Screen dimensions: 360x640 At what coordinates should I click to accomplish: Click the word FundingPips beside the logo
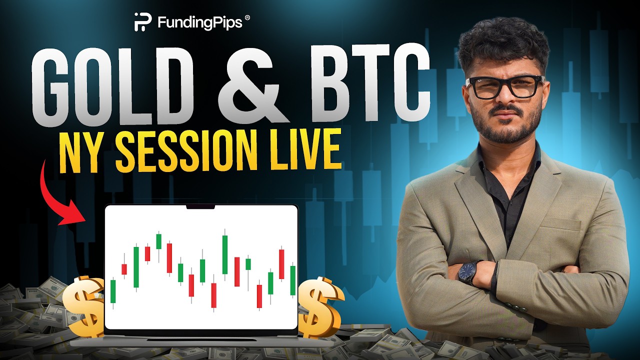pos(200,22)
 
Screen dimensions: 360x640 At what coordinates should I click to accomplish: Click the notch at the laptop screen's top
pos(201,206)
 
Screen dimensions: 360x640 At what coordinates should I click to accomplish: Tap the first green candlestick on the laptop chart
pos(113,291)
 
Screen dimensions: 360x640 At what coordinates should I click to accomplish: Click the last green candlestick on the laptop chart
pos(292,280)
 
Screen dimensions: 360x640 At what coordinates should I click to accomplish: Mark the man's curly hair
pos(502,42)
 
